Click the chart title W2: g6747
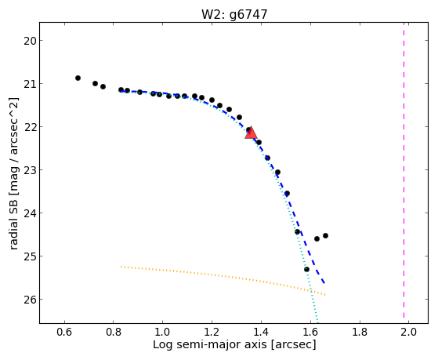pos(234,14)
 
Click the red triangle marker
pos(251,133)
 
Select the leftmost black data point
pos(78,78)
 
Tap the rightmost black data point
pos(325,235)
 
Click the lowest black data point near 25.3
pos(306,269)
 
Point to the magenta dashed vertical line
pos(404,170)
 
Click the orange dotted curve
pos(223,276)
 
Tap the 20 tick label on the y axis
pos(29,41)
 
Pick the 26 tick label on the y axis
pos(29,300)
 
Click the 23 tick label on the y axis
pos(29,170)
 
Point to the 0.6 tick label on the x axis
pos(64,332)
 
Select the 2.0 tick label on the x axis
pos(409,332)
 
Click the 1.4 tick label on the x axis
pos(261,332)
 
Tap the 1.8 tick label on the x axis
pos(360,332)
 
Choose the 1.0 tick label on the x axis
pos(163,332)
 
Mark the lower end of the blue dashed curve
pos(324,284)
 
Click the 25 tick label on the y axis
pos(29,256)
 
